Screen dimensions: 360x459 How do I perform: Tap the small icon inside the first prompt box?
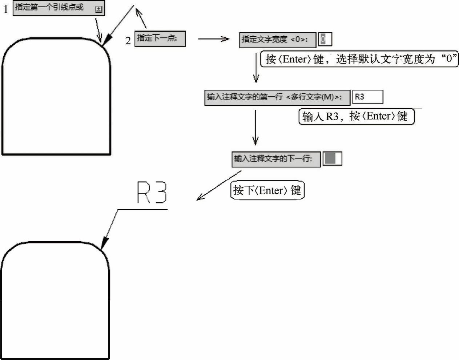tap(98, 9)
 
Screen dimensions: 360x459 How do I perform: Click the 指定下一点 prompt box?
tap(160, 39)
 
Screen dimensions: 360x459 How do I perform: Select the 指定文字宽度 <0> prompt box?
tap(277, 40)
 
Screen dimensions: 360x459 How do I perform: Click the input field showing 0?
tap(325, 39)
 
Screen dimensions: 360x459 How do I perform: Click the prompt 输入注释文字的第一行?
tap(277, 97)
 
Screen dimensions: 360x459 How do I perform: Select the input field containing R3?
tap(368, 97)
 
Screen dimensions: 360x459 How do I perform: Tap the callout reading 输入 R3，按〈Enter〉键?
tap(356, 117)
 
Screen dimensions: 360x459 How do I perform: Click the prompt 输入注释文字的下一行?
tap(276, 159)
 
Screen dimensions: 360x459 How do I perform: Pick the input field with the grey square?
tap(332, 159)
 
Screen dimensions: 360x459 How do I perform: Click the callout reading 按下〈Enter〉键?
tap(267, 190)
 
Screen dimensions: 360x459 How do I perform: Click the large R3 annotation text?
tap(152, 193)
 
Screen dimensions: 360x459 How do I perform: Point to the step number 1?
tap(6, 9)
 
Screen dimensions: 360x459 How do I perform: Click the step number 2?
tap(128, 40)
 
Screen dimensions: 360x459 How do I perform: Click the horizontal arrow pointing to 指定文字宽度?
tap(213, 39)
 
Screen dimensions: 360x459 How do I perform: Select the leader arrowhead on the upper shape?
tap(106, 41)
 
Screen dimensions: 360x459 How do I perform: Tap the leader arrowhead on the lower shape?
tap(104, 243)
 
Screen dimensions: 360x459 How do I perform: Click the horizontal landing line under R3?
tap(142, 209)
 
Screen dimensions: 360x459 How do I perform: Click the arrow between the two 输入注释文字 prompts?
tap(255, 127)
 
